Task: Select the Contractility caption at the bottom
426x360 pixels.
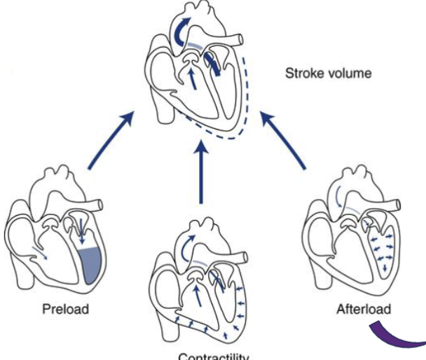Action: click(213, 356)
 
